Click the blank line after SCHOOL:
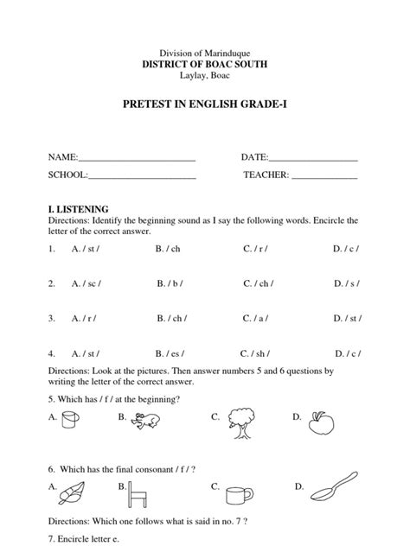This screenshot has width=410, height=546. tap(142, 178)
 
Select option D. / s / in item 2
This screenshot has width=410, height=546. tap(346, 283)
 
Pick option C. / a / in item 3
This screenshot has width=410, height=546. tap(255, 318)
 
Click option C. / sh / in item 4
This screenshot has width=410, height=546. tap(256, 352)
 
